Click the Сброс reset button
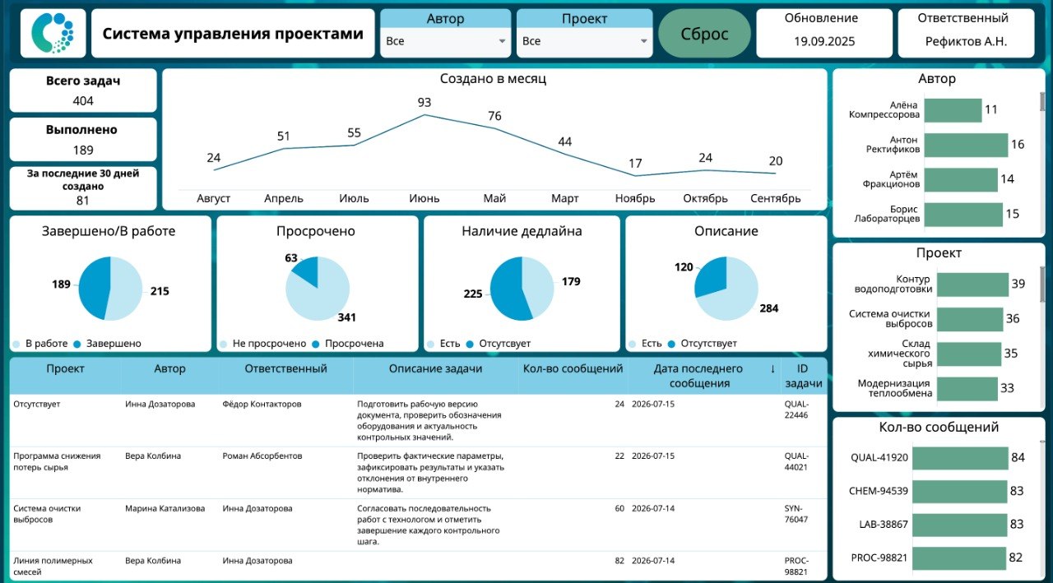pyautogui.click(x=704, y=34)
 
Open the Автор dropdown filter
pyautogui.click(x=445, y=41)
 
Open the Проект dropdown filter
pyautogui.click(x=584, y=41)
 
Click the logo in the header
pyautogui.click(x=53, y=33)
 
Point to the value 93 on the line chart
pyautogui.click(x=424, y=102)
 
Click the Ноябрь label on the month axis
pyautogui.click(x=634, y=198)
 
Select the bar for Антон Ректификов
pyautogui.click(x=966, y=145)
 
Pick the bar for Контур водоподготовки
pyautogui.click(x=972, y=285)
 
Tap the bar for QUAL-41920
pyautogui.click(x=960, y=457)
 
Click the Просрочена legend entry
pyautogui.click(x=348, y=344)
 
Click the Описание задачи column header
pyautogui.click(x=435, y=368)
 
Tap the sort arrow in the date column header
pyautogui.click(x=772, y=368)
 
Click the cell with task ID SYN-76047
pyautogui.click(x=796, y=514)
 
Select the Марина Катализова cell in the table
pyautogui.click(x=165, y=508)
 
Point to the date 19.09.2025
pyautogui.click(x=824, y=41)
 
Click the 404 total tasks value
pyautogui.click(x=83, y=101)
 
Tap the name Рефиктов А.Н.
pyautogui.click(x=966, y=41)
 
